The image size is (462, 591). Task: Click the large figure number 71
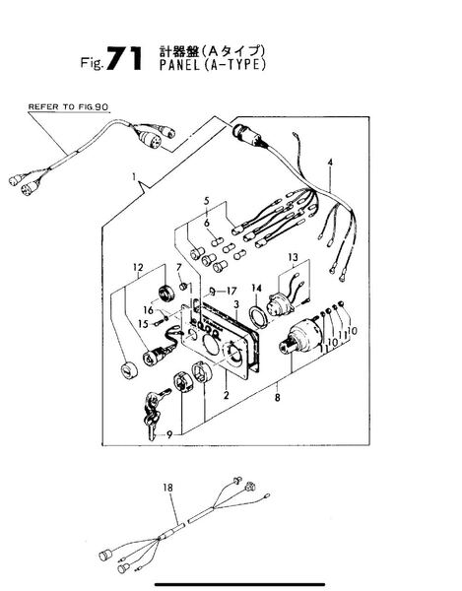(124, 58)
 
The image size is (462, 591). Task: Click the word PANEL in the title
(179, 65)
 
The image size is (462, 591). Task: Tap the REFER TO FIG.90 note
(68, 107)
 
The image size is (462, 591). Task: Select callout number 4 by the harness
(330, 163)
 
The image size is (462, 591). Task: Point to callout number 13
(293, 257)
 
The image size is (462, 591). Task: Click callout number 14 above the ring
(257, 289)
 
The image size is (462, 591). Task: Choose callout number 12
(138, 267)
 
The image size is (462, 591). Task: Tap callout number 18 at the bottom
(168, 488)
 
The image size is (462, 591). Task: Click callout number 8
(278, 397)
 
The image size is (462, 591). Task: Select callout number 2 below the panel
(227, 395)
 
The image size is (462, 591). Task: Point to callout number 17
(231, 291)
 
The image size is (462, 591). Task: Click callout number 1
(134, 176)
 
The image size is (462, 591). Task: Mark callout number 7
(179, 267)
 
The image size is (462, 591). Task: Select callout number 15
(143, 324)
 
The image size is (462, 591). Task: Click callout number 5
(207, 201)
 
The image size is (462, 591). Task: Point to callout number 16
(149, 310)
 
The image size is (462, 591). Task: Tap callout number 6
(207, 224)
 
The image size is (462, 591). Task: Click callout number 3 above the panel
(236, 304)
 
